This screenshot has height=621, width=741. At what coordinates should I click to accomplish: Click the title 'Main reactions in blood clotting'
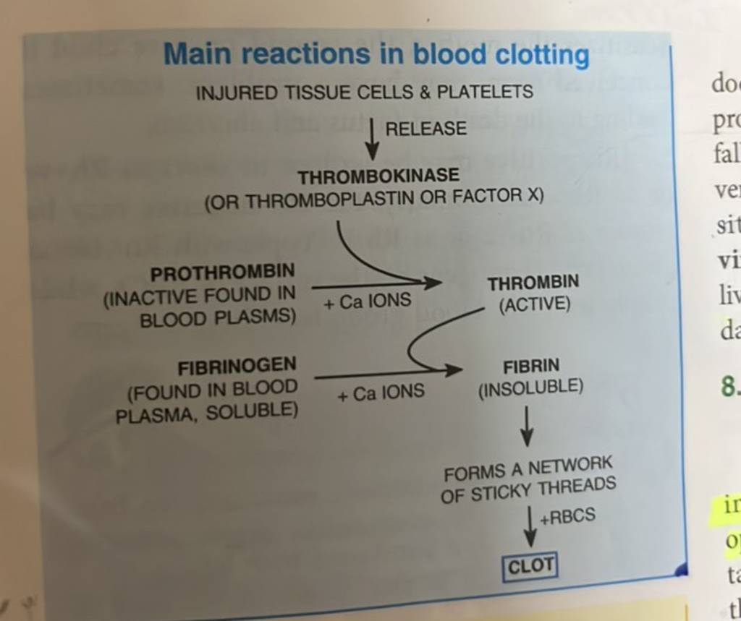376,55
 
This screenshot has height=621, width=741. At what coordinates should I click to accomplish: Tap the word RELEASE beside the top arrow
425,129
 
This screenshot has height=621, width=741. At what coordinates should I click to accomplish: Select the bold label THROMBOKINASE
378,176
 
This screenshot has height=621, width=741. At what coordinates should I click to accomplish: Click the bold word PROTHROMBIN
222,273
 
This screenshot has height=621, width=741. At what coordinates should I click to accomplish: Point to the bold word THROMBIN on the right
533,282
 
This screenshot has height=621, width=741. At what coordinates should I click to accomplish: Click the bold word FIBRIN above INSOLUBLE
531,367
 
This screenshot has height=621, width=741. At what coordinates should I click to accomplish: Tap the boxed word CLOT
530,566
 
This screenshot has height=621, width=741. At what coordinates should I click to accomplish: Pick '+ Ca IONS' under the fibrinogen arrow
380,393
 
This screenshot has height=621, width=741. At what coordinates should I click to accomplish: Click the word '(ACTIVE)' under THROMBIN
535,305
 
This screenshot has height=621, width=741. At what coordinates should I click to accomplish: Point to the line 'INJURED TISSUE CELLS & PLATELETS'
365,93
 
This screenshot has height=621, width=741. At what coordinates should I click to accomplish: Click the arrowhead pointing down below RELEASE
372,153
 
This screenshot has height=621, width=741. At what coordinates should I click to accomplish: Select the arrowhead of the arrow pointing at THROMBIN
433,283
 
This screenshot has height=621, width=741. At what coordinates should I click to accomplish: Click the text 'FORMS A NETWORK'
528,468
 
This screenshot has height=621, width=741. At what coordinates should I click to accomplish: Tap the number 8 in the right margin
729,389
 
